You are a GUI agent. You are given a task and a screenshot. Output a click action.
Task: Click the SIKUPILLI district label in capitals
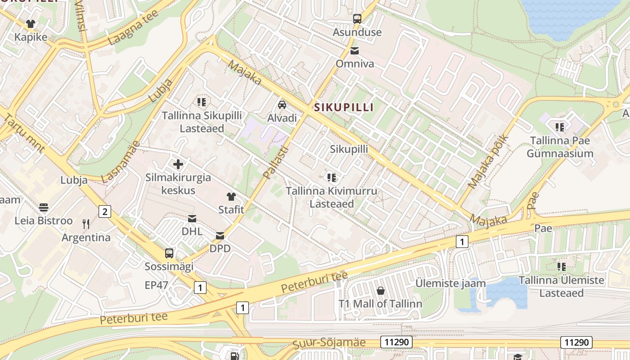(x=344, y=107)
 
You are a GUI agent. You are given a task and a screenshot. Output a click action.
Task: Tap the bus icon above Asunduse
(x=357, y=19)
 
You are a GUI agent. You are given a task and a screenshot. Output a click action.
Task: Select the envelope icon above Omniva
(x=355, y=51)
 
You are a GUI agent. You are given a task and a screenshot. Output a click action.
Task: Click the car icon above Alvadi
(x=282, y=105)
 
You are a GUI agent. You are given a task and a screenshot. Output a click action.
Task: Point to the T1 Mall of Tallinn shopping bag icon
(x=381, y=291)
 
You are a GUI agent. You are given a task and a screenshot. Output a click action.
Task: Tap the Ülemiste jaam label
(x=450, y=283)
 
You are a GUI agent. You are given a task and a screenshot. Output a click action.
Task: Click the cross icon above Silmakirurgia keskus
(x=178, y=164)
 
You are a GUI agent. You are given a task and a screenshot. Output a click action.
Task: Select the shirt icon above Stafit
(x=231, y=197)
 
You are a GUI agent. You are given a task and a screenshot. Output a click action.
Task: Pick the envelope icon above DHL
(x=192, y=219)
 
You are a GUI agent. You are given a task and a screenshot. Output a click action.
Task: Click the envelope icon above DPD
(x=220, y=235)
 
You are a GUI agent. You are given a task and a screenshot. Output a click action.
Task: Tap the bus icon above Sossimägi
(x=169, y=253)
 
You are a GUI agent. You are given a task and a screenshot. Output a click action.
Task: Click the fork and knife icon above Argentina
(x=86, y=224)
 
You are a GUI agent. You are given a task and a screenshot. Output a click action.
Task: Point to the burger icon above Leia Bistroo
(x=44, y=207)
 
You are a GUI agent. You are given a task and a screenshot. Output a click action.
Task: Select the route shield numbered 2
(x=105, y=211)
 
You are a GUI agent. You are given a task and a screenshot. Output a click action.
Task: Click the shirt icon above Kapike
(x=31, y=24)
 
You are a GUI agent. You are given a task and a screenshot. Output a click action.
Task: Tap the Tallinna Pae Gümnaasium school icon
(x=560, y=127)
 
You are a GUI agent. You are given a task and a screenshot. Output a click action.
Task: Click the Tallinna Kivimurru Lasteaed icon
(x=332, y=178)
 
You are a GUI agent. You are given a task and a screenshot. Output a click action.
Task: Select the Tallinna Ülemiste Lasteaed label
(x=562, y=287)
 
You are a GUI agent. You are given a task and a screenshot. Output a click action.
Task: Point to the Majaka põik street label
(x=488, y=161)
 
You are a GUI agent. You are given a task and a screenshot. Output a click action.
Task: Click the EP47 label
(x=156, y=285)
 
